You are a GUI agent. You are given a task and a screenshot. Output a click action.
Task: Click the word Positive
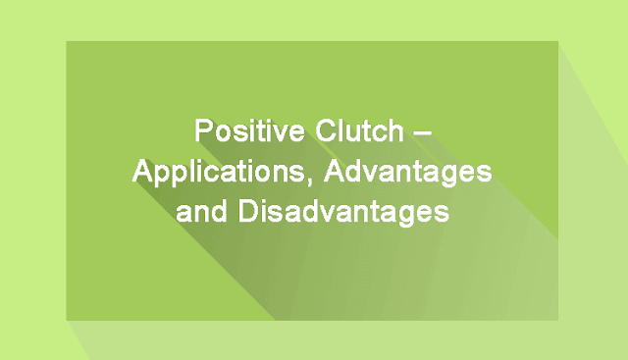[249, 130]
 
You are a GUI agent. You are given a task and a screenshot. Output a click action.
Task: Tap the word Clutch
[359, 130]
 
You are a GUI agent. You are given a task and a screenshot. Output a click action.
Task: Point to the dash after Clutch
[422, 133]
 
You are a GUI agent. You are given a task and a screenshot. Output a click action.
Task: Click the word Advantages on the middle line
[408, 173]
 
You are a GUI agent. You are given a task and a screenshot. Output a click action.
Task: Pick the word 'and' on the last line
[201, 211]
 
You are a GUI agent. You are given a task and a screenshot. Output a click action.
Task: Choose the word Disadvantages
[343, 212]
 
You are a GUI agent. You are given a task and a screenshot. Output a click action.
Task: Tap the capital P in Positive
[203, 130]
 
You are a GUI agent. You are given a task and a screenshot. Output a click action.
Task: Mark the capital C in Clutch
[326, 130]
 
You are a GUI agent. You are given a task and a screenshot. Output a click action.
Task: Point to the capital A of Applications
[144, 171]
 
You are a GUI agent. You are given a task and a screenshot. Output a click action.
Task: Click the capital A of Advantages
[336, 171]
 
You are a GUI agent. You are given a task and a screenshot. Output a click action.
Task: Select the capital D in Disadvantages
[248, 210]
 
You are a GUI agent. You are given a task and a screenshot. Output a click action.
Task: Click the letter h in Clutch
[394, 130]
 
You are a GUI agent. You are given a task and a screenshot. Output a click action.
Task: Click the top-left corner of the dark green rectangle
[67, 41]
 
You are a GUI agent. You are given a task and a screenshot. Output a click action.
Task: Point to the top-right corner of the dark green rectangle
[558, 41]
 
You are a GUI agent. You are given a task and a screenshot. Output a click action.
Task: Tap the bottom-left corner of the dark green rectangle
[67, 321]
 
